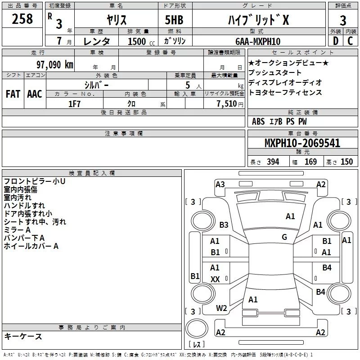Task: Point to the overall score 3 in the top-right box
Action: click(x=343, y=21)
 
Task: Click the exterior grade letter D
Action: click(x=335, y=41)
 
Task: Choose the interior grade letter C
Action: click(x=350, y=41)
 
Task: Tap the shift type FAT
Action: click(x=13, y=94)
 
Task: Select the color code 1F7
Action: click(x=74, y=103)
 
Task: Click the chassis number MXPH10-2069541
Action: click(x=302, y=143)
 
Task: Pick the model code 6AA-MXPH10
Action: click(x=258, y=41)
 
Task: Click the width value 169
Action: click(x=310, y=162)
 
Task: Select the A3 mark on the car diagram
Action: click(x=220, y=184)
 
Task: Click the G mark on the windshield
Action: click(x=284, y=237)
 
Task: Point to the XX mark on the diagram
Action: click(x=215, y=279)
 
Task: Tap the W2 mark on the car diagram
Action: click(x=221, y=308)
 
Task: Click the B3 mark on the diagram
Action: click(x=224, y=225)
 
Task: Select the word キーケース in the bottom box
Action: click(x=23, y=336)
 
